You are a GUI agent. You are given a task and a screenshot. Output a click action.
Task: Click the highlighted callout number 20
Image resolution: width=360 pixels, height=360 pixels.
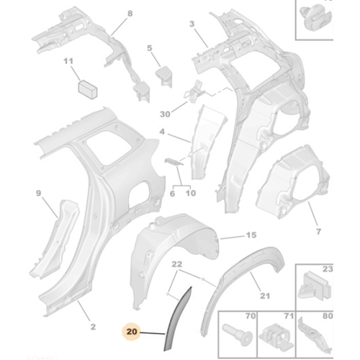(x=132, y=332)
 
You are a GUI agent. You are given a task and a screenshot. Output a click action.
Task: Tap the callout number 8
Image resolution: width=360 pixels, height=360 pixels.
(x=130, y=14)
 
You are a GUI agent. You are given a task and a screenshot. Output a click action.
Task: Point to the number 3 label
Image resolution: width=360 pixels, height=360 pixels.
(x=192, y=24)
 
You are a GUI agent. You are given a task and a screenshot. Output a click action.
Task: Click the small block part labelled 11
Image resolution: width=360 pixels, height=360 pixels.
(x=88, y=89)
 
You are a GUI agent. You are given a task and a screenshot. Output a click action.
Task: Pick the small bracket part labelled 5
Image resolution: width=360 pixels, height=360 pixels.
(x=164, y=75)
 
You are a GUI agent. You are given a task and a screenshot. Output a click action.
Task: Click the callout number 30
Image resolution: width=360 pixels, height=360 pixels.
(x=165, y=114)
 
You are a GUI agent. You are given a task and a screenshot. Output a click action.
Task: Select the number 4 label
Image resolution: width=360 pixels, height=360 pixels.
(x=163, y=132)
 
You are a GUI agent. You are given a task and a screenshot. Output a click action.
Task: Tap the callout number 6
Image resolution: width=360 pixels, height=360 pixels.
(x=172, y=194)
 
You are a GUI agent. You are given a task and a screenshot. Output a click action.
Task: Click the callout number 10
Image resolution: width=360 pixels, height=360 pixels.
(x=191, y=193)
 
